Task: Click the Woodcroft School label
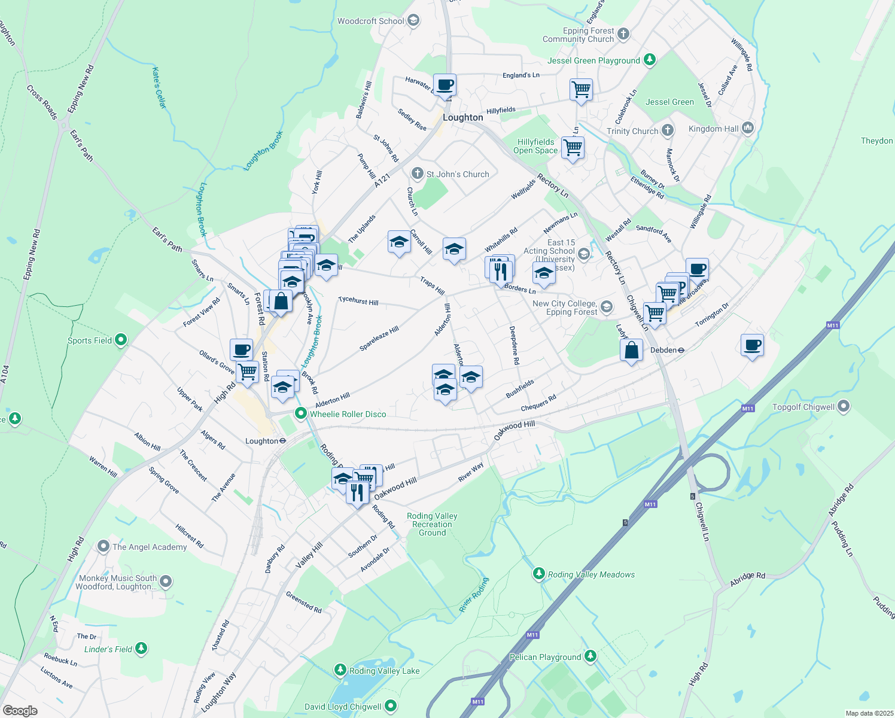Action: (371, 21)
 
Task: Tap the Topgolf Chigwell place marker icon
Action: (844, 407)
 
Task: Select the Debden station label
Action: (663, 350)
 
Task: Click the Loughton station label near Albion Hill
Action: (261, 441)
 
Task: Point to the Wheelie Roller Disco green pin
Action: (301, 413)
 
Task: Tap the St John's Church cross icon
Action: (418, 174)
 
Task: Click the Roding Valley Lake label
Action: (384, 671)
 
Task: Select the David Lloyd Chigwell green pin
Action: (391, 707)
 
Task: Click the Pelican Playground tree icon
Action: (590, 656)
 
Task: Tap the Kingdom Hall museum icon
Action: (748, 128)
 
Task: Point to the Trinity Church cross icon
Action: (668, 130)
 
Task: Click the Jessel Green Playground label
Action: (593, 60)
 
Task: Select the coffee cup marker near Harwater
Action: (445, 86)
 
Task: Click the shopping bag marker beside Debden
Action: (632, 351)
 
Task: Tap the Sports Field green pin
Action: (121, 340)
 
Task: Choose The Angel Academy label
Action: (150, 547)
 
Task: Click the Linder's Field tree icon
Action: (141, 649)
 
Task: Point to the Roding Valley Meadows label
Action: (591, 574)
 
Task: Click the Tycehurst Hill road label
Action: (358, 301)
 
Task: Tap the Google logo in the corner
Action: (20, 711)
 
